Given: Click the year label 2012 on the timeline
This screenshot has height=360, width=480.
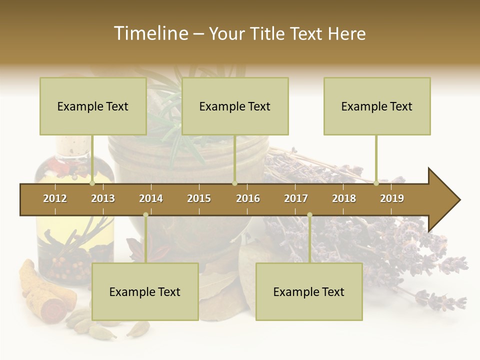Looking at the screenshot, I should pyautogui.click(x=55, y=198).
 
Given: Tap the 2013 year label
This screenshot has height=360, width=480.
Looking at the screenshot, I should pyautogui.click(x=103, y=198).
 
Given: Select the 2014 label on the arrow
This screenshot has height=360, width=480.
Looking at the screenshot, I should pyautogui.click(x=151, y=198).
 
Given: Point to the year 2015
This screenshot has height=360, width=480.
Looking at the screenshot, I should pyautogui.click(x=199, y=198).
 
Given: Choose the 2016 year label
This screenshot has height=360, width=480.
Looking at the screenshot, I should pyautogui.click(x=248, y=198).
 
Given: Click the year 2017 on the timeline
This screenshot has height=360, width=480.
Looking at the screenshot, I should pyautogui.click(x=296, y=198).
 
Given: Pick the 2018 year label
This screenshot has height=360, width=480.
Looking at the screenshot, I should pyautogui.click(x=344, y=198).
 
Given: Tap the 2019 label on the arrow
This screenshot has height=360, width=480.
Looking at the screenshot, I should pyautogui.click(x=392, y=198).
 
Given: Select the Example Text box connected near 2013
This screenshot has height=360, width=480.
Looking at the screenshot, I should pyautogui.click(x=93, y=106).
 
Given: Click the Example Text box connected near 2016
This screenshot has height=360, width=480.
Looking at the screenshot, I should pyautogui.click(x=235, y=106).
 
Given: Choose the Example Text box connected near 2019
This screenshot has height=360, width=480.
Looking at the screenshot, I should pyautogui.click(x=377, y=106).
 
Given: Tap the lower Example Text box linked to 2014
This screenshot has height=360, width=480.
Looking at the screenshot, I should pyautogui.click(x=145, y=291).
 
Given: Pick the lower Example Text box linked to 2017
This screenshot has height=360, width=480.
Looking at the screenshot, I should pyautogui.click(x=309, y=291).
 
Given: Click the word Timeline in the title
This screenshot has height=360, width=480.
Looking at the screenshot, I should pyautogui.click(x=150, y=33).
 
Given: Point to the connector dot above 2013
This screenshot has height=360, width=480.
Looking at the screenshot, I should pyautogui.click(x=92, y=183).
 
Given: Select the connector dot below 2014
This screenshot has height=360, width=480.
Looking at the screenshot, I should pyautogui.click(x=145, y=215).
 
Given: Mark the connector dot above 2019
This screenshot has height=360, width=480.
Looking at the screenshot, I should pyautogui.click(x=376, y=183).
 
